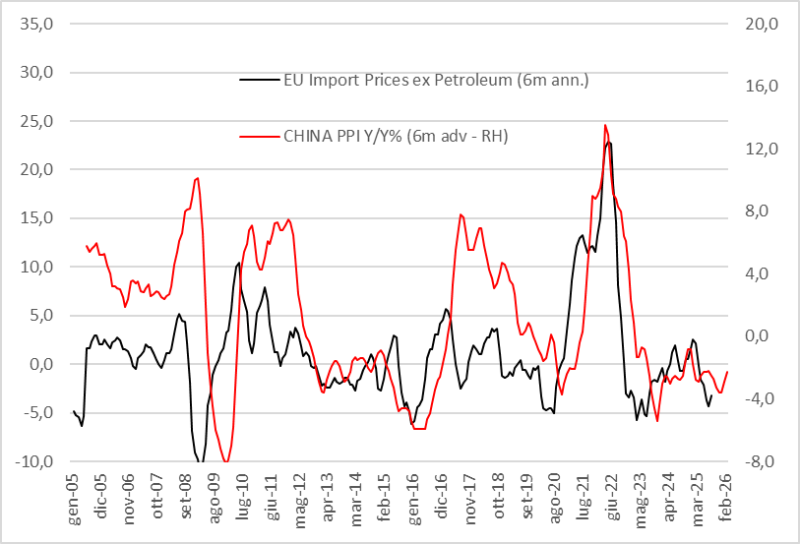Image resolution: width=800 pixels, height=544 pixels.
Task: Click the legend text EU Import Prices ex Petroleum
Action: point(435,80)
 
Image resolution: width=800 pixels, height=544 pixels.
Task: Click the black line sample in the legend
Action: point(259,80)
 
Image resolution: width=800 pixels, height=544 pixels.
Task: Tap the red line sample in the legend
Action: point(259,136)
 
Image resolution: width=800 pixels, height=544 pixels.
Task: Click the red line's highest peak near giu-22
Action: point(605,125)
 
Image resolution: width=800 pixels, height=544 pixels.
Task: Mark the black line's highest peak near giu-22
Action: point(610,143)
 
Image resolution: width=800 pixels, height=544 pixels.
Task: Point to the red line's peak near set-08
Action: point(198,178)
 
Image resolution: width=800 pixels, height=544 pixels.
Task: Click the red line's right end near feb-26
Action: point(727,371)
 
